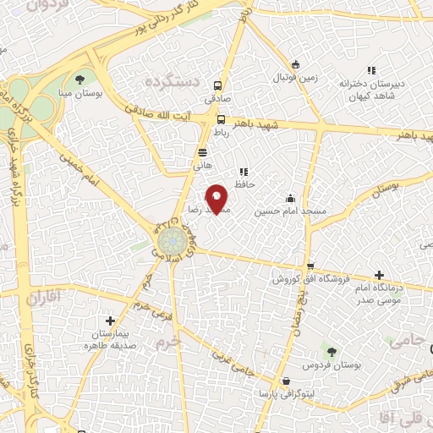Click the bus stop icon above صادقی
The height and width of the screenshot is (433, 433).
pos(219,85)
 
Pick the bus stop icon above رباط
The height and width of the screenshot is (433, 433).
pos(220,120)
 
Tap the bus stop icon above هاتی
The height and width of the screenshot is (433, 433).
pos(202,152)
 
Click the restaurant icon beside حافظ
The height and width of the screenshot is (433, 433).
pos(244,172)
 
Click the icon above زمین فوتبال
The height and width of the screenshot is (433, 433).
pos(295,64)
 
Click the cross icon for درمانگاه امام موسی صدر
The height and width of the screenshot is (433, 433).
pos(379,276)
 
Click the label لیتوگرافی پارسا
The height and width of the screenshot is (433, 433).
pos(288,393)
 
